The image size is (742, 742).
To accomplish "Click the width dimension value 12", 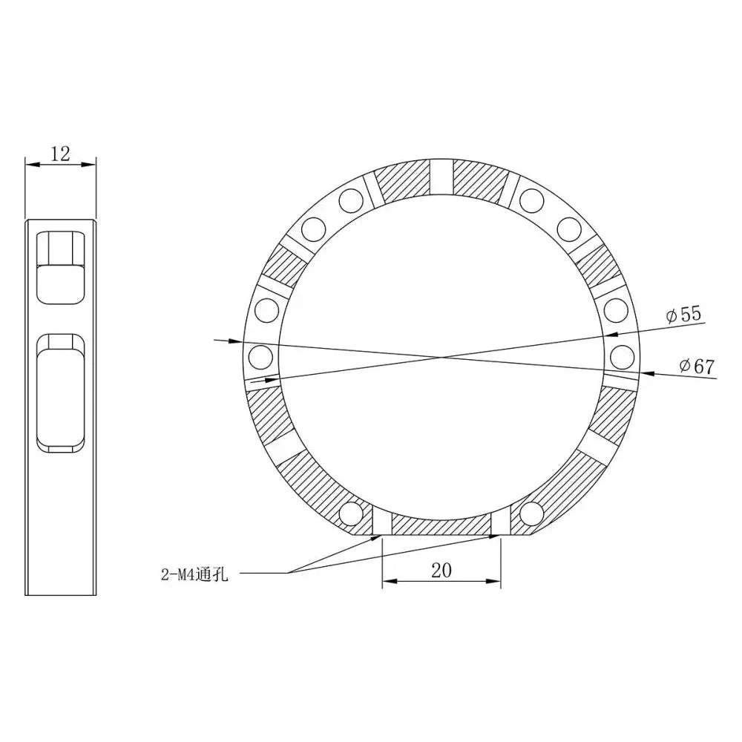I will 60,154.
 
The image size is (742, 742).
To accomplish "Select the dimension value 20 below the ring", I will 441,570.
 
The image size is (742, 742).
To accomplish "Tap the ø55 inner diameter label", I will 683,315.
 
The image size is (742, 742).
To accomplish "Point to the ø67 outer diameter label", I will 695,366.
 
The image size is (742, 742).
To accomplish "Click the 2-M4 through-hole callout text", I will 195,574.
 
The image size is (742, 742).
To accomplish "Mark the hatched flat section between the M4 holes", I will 441,525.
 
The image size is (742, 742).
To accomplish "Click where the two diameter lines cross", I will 444,358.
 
